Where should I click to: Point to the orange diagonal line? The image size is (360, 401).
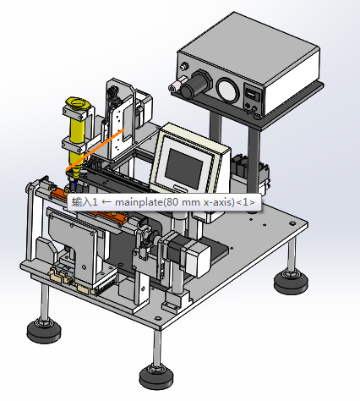[x=95, y=150]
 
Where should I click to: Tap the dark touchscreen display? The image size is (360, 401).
[x=183, y=165]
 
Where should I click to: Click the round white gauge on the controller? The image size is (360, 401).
[x=227, y=90]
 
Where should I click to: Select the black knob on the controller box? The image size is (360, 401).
[x=196, y=84]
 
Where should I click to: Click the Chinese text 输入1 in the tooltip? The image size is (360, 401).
[x=85, y=202]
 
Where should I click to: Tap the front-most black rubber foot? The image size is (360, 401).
[x=156, y=377]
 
